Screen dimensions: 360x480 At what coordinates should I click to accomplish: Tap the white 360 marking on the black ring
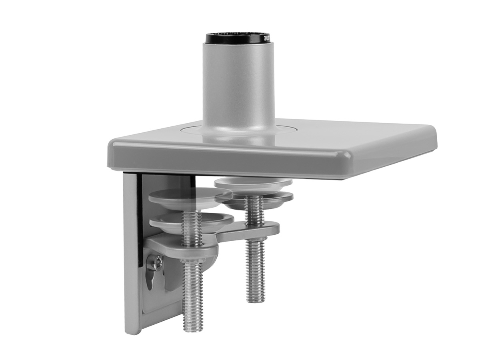(267, 39)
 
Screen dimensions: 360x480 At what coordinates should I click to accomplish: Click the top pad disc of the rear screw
(253, 183)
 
